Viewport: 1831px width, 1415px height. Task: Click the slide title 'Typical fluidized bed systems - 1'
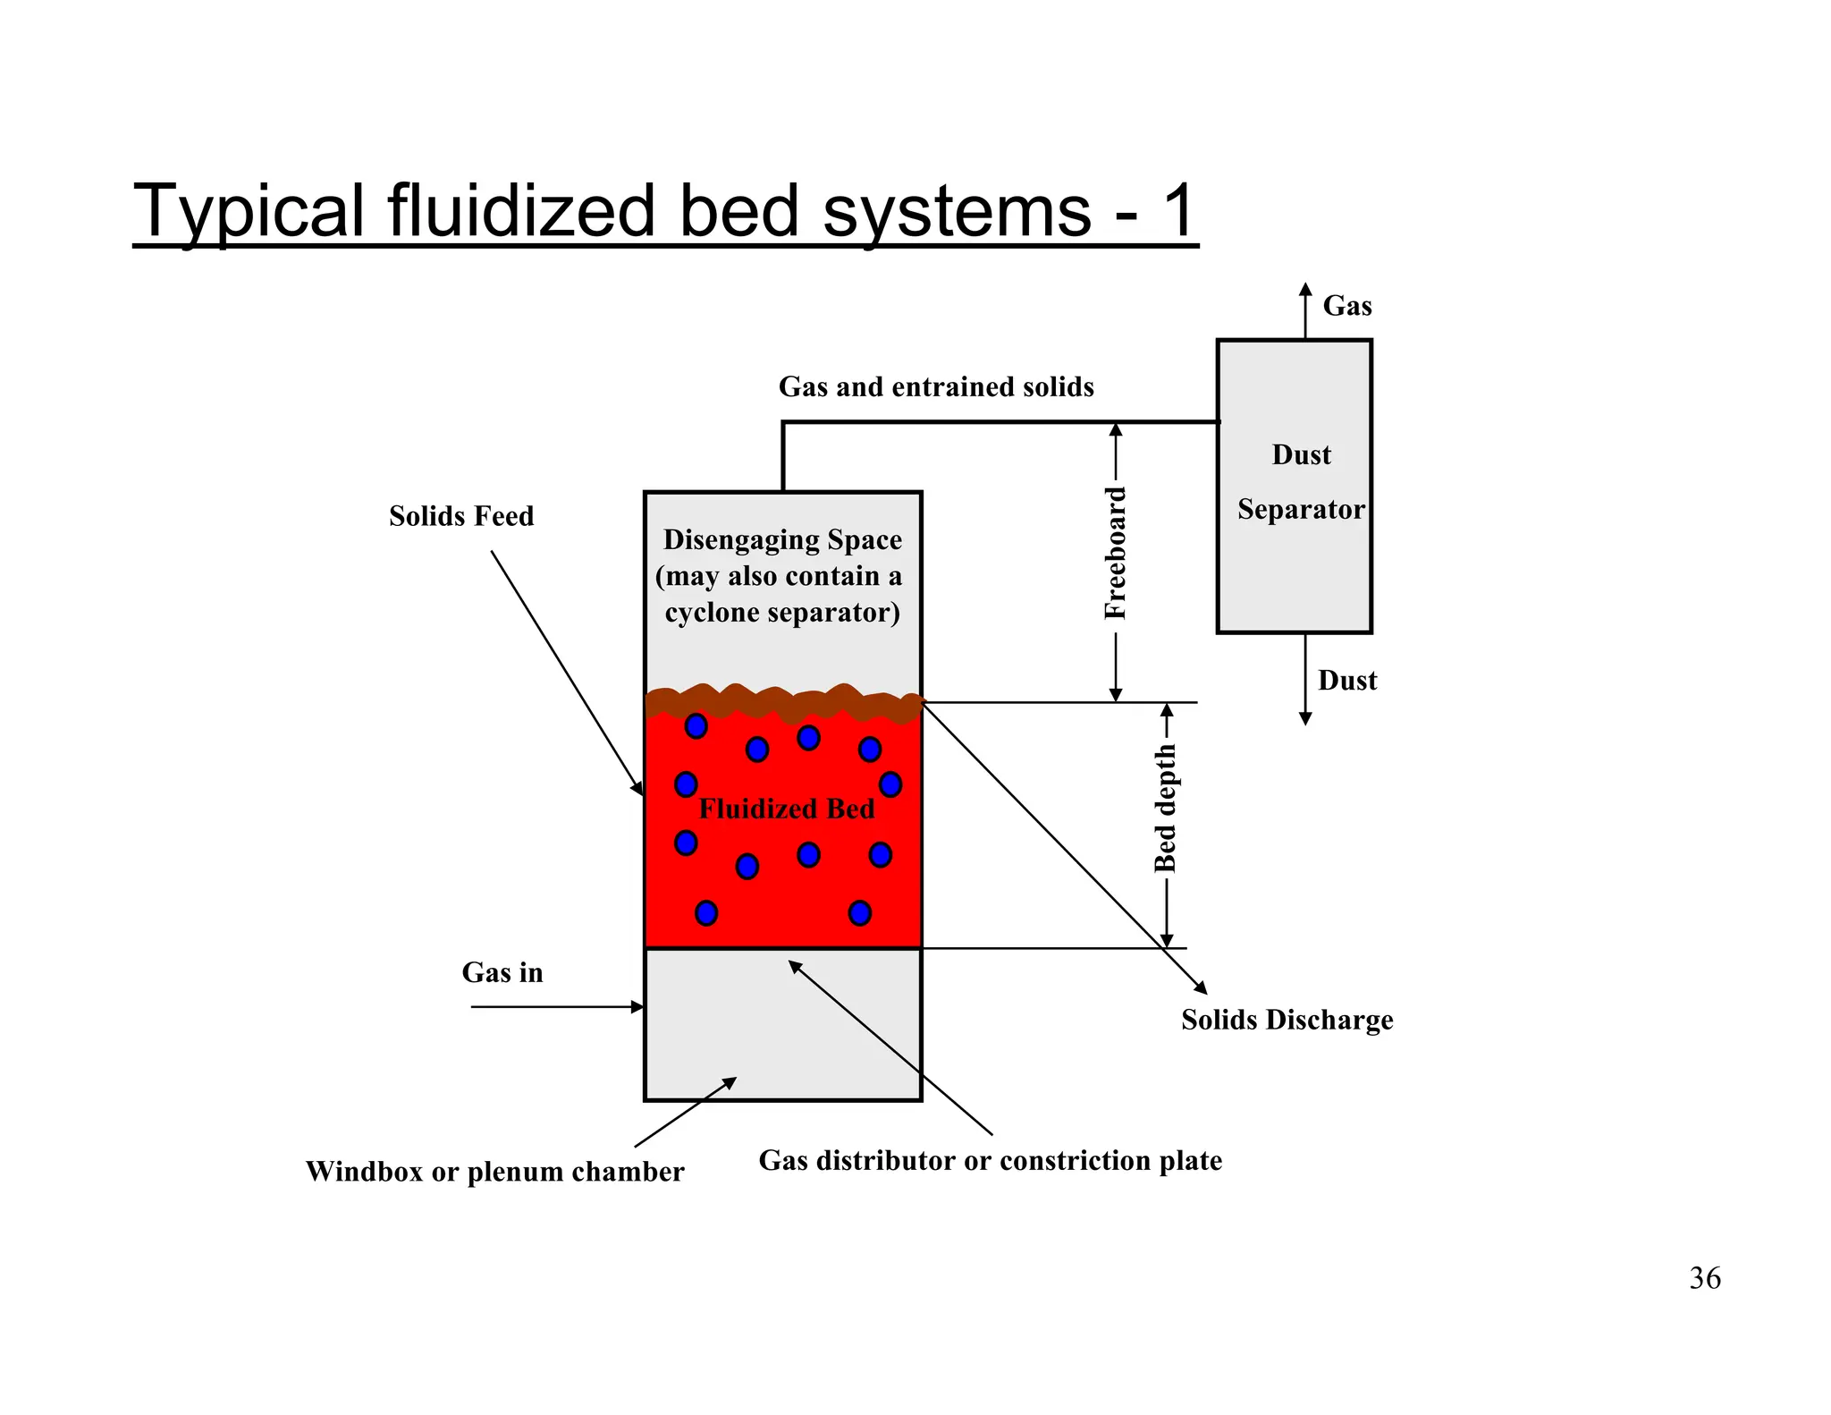[x=665, y=211]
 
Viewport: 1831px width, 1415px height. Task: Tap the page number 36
[x=1704, y=1278]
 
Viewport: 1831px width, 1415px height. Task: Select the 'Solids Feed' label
[x=461, y=516]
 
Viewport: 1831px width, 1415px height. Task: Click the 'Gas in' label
[x=502, y=972]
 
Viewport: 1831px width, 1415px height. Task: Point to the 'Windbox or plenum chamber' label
[x=494, y=1172]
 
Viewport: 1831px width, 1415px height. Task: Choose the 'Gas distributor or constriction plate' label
[x=990, y=1160]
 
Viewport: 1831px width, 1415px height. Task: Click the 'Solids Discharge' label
[x=1287, y=1020]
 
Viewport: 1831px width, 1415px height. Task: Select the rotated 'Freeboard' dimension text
[x=1115, y=554]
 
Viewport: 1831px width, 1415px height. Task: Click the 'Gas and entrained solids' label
[x=936, y=386]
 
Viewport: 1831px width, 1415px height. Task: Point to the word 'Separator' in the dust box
[x=1301, y=510]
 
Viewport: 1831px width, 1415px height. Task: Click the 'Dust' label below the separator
[x=1346, y=681]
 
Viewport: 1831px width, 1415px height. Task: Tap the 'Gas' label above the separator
[x=1346, y=306]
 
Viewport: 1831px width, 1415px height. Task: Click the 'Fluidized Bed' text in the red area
[x=786, y=809]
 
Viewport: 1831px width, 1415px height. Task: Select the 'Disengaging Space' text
[x=782, y=540]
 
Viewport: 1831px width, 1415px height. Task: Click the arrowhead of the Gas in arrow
[x=638, y=1007]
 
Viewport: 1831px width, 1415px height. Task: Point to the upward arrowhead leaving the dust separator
[x=1305, y=289]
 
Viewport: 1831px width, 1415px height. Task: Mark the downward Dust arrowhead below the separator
[x=1305, y=718]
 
